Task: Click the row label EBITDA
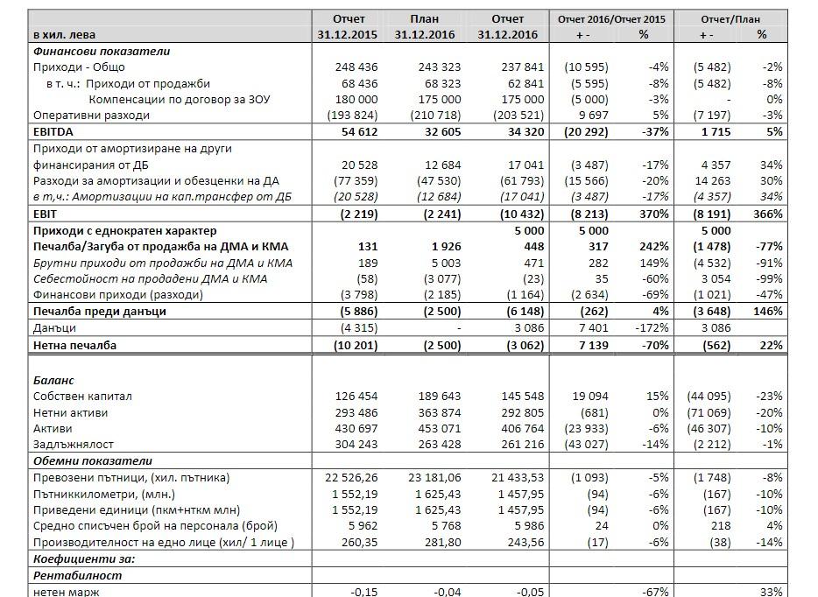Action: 54,131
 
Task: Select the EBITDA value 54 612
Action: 356,131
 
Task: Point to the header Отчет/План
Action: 730,19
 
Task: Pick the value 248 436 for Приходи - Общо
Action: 356,67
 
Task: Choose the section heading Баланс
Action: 53,381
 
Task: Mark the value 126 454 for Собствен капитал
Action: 356,397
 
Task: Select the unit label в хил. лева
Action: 64,34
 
